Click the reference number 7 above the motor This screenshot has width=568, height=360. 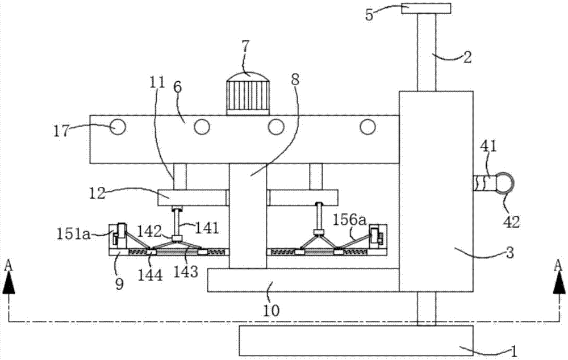pyautogui.click(x=245, y=47)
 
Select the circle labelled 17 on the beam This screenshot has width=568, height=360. pyautogui.click(x=118, y=127)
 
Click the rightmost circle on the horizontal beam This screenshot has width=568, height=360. pyautogui.click(x=367, y=127)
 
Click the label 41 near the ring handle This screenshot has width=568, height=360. pyautogui.click(x=488, y=146)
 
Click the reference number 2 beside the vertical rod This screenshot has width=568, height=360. pyautogui.click(x=467, y=57)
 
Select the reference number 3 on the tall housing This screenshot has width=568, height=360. pyautogui.click(x=509, y=253)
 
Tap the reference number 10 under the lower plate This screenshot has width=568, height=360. pyautogui.click(x=272, y=311)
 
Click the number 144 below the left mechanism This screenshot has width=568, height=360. pyautogui.click(x=151, y=275)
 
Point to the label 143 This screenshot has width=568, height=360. pyautogui.click(x=186, y=271)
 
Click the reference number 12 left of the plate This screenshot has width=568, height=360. pyautogui.click(x=97, y=193)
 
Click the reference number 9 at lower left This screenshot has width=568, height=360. pyautogui.click(x=119, y=283)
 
